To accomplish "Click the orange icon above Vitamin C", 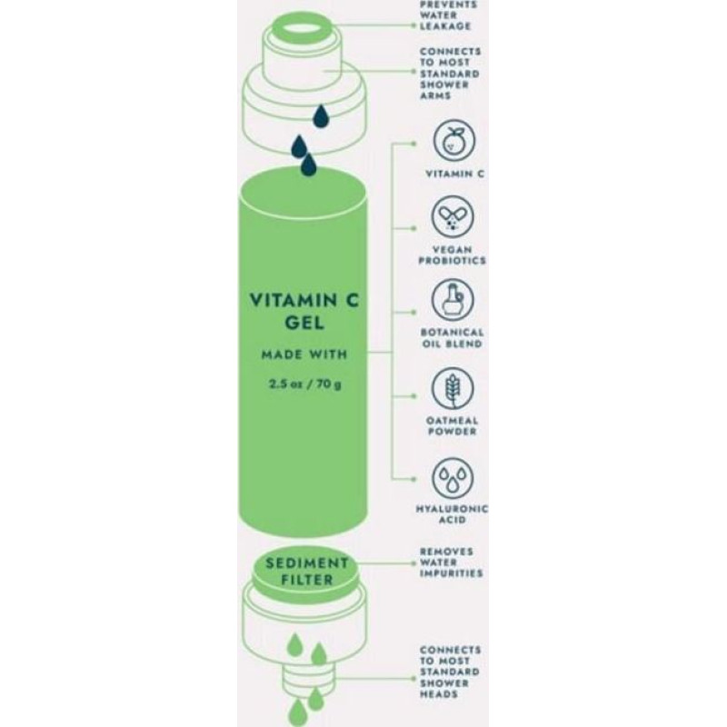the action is coord(453,140).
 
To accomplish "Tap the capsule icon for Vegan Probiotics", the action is coord(453,216).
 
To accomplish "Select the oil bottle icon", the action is coord(453,300).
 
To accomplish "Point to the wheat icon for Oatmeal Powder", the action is coord(453,389).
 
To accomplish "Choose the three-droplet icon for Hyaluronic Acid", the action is coord(453,478).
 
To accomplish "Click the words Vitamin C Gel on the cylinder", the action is coord(304,311).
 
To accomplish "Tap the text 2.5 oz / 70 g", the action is coord(305,383).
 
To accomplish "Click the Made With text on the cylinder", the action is coord(304,354).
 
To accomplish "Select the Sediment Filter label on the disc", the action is coord(306,572).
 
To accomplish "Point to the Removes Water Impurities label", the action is coord(451,563).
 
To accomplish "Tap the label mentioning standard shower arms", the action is coord(450,74).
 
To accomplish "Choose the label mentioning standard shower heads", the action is coord(450,672).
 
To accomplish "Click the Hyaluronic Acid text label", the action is coord(452,514).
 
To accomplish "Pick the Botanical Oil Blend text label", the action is coord(452,338).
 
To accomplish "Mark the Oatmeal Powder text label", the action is coord(452,426).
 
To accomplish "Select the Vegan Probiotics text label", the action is coord(452,255).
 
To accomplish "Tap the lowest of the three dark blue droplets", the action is coord(308,164).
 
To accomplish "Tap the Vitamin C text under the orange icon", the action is coord(455,174).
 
